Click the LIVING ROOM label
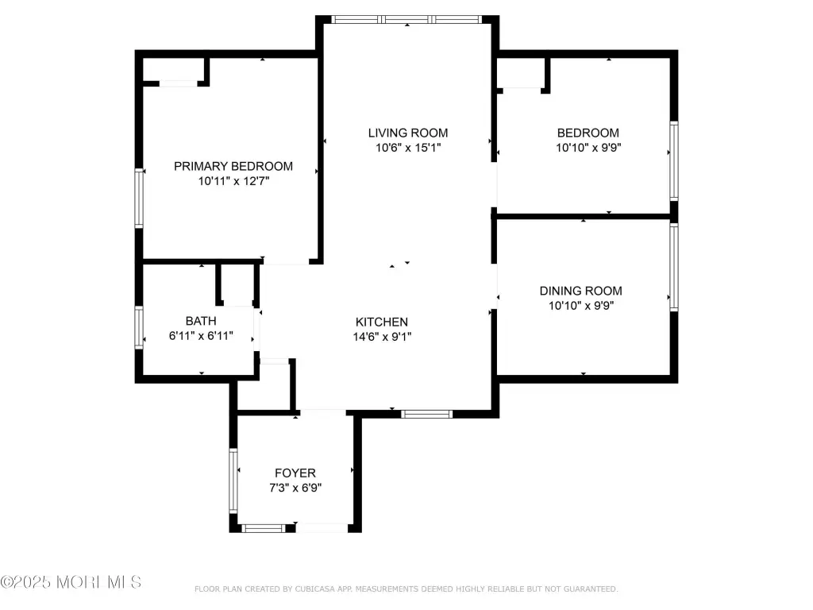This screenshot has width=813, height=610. tap(407, 133)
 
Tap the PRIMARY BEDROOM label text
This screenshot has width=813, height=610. tap(233, 166)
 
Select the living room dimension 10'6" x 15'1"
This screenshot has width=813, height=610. tap(408, 148)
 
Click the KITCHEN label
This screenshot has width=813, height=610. tap(382, 322)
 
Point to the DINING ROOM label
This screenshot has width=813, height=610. tap(580, 291)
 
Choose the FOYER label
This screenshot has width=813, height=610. tap(295, 473)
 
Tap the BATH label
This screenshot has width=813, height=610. tap(201, 321)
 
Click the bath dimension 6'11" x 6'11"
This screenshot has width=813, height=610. tap(201, 336)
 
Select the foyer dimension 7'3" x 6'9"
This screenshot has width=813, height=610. tap(295, 488)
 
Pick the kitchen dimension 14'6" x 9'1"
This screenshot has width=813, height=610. tap(382, 337)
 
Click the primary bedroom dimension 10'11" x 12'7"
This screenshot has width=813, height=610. tap(234, 181)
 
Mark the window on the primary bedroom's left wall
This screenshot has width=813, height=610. tap(139, 198)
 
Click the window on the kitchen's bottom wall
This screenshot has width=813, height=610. tap(426, 414)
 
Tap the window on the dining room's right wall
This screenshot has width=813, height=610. tap(673, 267)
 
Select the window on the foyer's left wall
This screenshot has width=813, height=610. tap(233, 481)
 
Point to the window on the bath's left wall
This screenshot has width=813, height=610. tap(139, 328)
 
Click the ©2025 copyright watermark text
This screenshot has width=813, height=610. tap(71, 582)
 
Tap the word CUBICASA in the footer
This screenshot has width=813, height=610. tap(314, 589)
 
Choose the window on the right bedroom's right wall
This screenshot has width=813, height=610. tap(673, 160)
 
